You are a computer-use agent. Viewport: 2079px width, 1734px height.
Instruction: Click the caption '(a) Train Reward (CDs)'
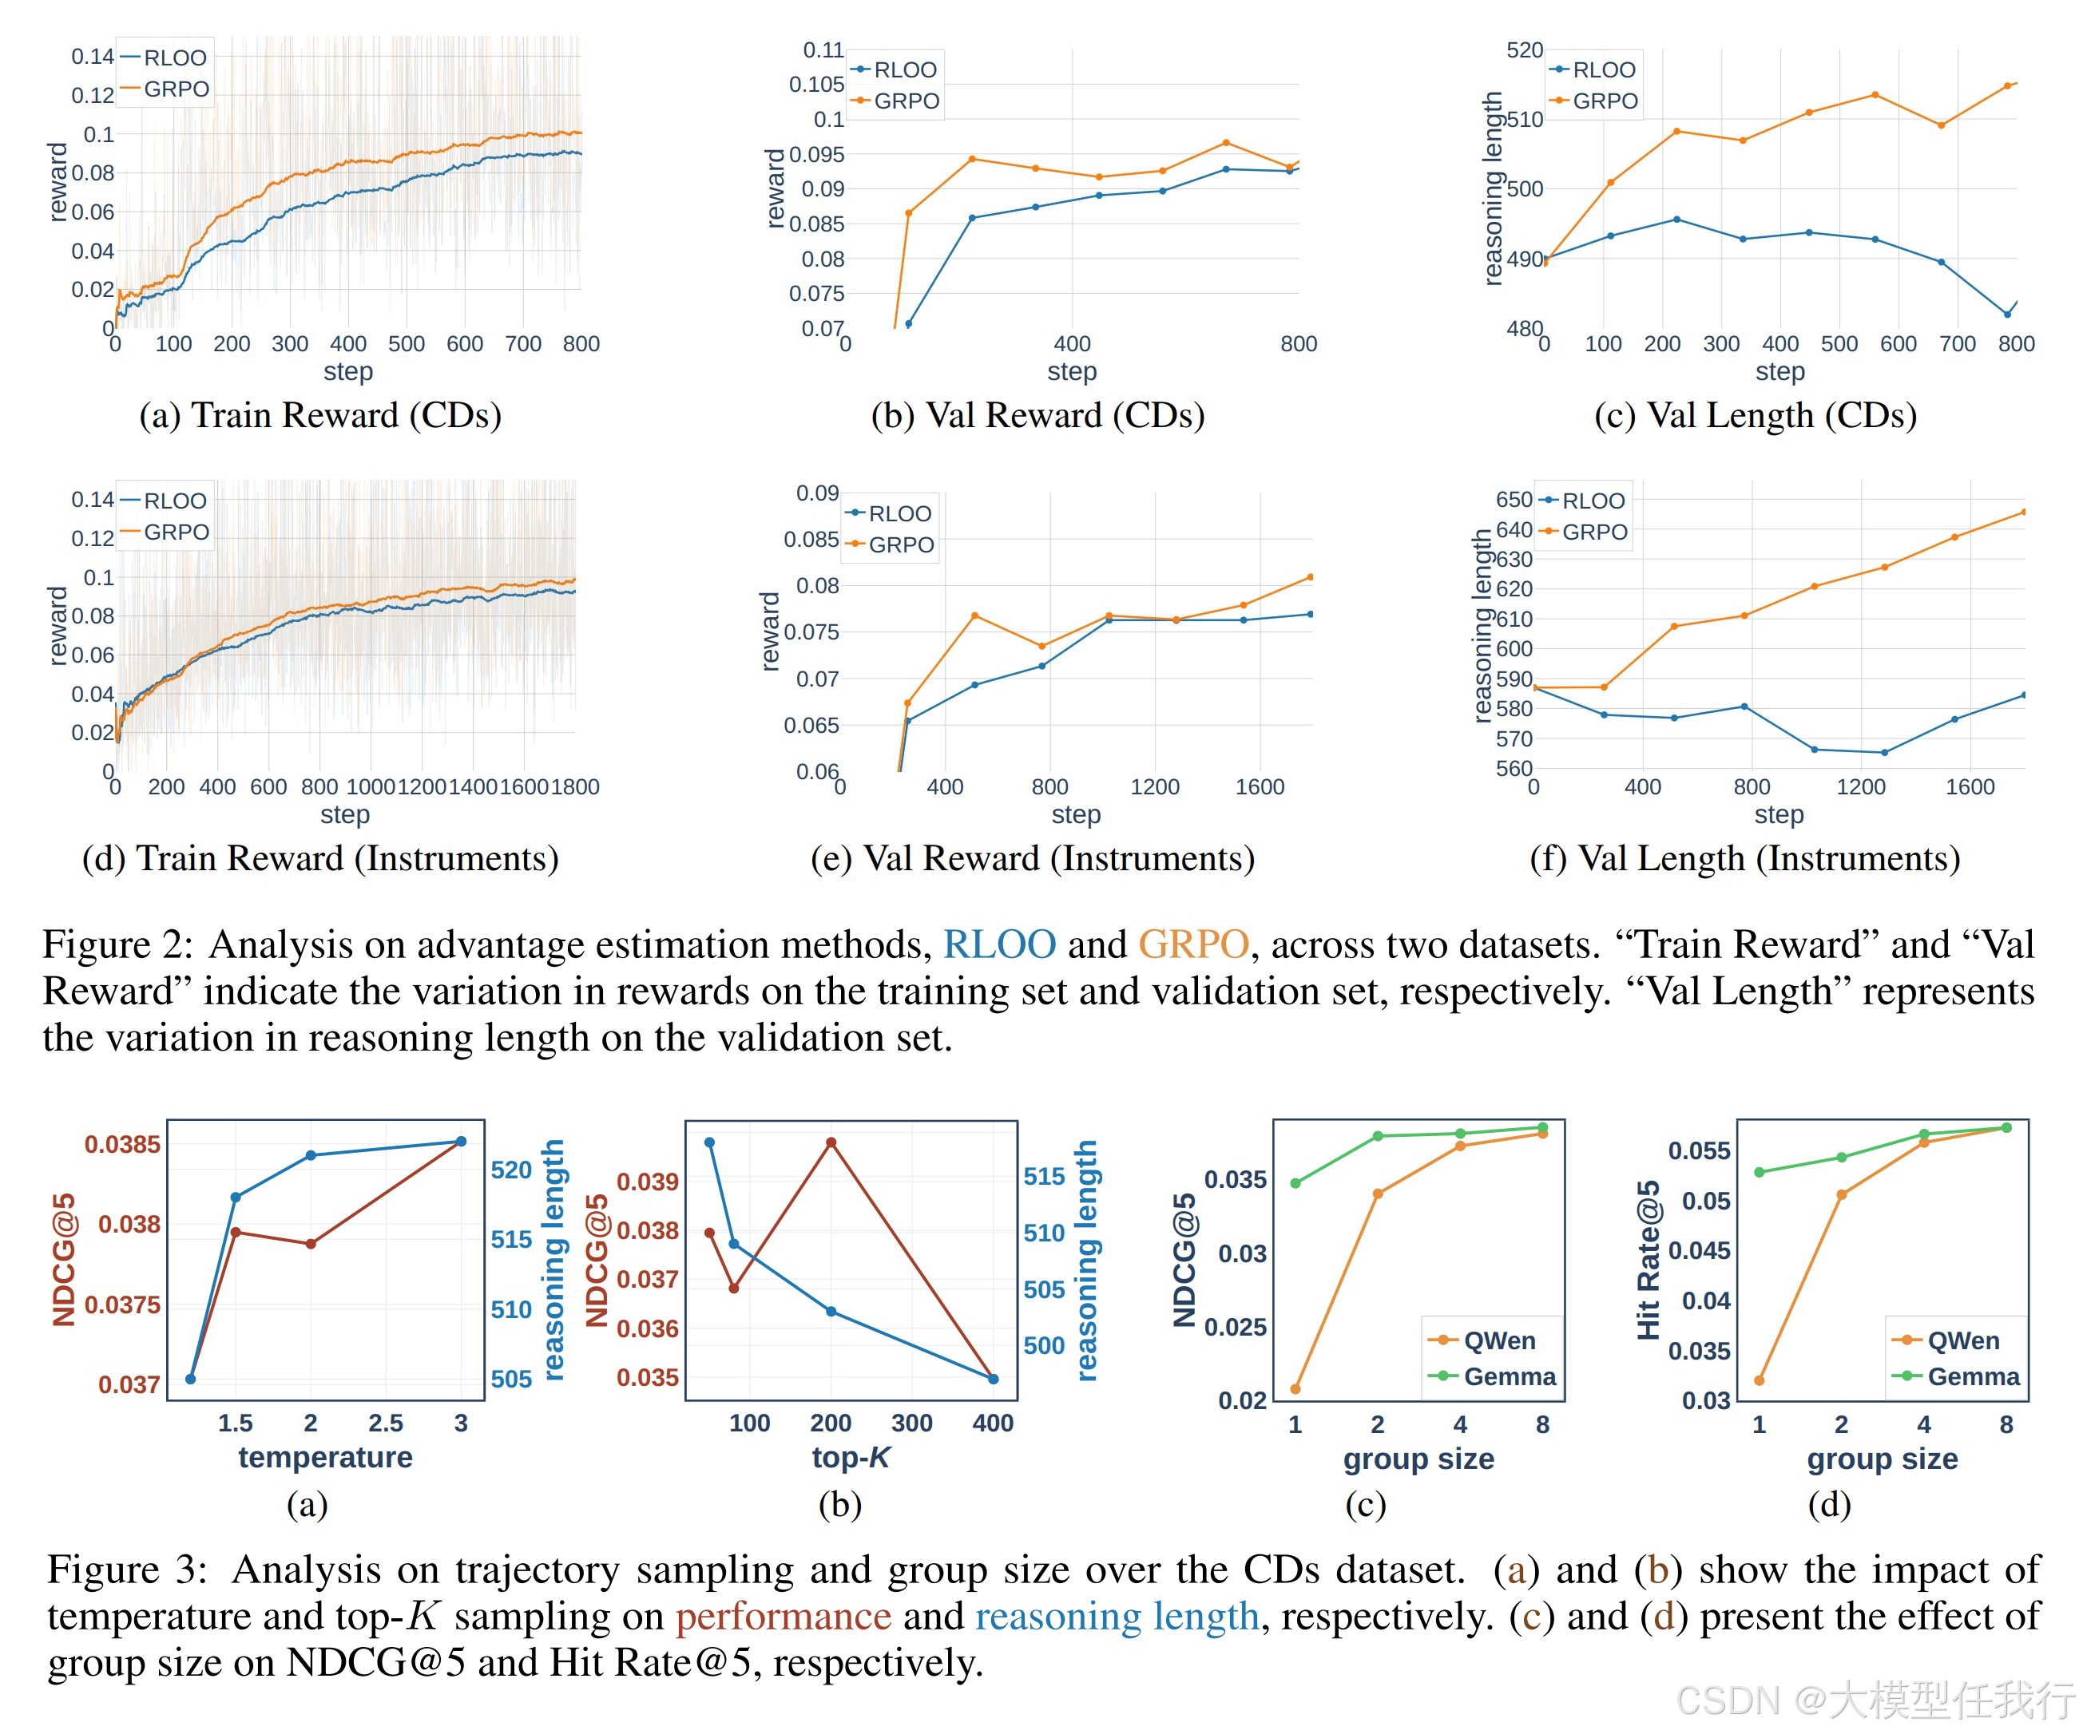(319, 414)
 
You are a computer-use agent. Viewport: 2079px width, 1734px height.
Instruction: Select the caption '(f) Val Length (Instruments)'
(1744, 858)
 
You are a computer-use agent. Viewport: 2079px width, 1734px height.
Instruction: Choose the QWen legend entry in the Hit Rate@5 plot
(1962, 1341)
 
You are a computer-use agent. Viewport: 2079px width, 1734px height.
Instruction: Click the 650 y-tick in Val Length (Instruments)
(1514, 500)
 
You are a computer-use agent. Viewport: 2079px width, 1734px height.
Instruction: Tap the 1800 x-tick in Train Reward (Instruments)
(575, 787)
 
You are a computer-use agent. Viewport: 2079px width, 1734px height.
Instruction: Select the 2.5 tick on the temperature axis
(385, 1423)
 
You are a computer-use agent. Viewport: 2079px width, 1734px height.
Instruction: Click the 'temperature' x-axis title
(325, 1457)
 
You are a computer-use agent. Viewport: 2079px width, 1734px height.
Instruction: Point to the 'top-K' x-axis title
(851, 1457)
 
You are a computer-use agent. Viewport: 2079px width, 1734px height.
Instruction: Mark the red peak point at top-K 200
(831, 1143)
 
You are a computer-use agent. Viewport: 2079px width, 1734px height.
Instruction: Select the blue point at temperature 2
(311, 1155)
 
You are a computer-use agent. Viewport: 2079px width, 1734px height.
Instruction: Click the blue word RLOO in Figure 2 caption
(999, 944)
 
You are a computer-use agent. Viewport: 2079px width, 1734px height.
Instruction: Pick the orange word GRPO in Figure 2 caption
(1193, 944)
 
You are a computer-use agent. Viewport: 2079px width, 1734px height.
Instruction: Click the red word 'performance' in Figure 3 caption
(783, 1616)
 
